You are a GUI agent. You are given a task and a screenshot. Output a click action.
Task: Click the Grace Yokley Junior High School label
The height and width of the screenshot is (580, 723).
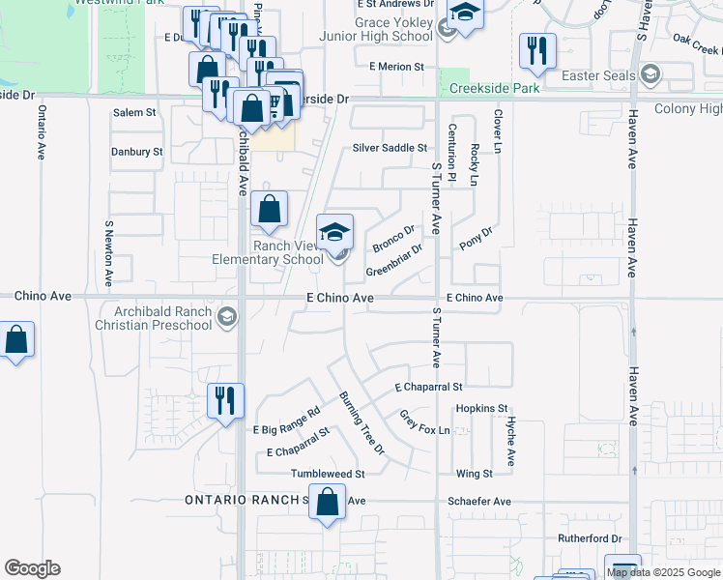click(379, 28)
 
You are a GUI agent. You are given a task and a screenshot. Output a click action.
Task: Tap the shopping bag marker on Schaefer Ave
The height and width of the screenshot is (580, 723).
click(328, 503)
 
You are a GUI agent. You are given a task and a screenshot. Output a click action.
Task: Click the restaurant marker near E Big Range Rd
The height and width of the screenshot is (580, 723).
click(226, 401)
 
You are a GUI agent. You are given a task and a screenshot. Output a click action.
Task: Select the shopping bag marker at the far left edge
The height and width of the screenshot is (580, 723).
click(15, 340)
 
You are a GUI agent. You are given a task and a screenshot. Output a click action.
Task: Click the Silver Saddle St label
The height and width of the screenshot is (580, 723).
click(390, 148)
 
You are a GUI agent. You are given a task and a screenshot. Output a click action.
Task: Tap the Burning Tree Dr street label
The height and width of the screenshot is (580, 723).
click(361, 423)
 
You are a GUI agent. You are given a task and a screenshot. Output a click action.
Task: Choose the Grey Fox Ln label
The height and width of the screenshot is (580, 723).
click(425, 421)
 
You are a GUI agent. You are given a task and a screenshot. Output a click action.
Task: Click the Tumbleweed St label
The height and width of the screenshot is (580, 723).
click(328, 475)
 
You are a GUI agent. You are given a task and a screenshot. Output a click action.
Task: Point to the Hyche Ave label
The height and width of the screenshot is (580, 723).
click(510, 441)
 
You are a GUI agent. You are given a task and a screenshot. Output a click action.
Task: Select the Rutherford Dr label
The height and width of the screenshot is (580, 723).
click(588, 537)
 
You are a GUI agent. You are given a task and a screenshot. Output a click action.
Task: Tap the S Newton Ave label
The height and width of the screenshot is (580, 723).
click(108, 252)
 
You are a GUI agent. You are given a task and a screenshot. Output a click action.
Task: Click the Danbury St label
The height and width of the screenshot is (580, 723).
click(136, 152)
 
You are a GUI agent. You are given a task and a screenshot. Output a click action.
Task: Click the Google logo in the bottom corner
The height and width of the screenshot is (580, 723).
click(32, 568)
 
